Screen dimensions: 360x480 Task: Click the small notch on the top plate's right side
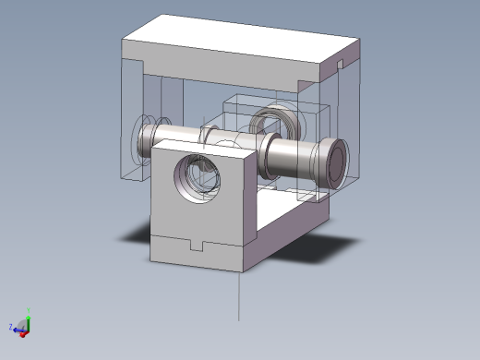[x=340, y=65]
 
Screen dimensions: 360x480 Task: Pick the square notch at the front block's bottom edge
[x=196, y=245]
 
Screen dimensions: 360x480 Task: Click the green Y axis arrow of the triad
[x=28, y=317]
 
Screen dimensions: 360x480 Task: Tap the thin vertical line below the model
[x=240, y=295]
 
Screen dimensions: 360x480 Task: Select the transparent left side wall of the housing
[x=135, y=120]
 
